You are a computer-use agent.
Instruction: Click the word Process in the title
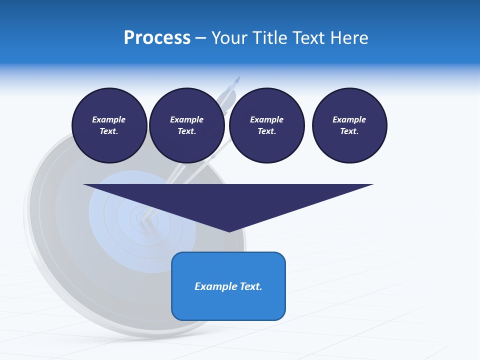[x=157, y=38]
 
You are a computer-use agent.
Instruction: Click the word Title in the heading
[x=269, y=38]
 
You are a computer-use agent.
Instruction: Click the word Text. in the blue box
[x=250, y=286]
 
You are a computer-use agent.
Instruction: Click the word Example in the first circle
[x=109, y=119]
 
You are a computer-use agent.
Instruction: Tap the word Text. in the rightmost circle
[x=349, y=131]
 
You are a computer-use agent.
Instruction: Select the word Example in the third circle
[x=266, y=119]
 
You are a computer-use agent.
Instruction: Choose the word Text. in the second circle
[x=186, y=131]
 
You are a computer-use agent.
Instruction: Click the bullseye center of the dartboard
[x=140, y=218]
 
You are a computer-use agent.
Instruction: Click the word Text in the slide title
[x=309, y=38]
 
